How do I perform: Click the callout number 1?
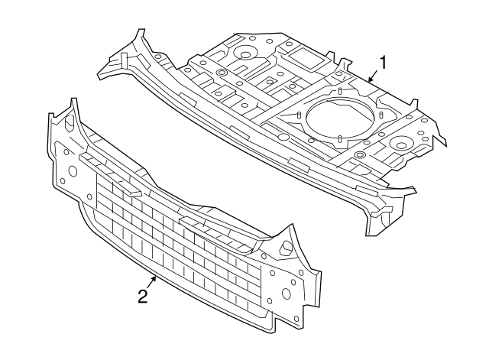point(383,63)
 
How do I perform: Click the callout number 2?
point(143,296)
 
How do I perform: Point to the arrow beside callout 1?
point(373,76)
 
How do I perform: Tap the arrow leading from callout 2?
point(151,283)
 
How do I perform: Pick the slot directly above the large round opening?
point(340,91)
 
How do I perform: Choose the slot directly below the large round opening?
point(340,138)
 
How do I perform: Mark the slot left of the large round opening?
point(299,115)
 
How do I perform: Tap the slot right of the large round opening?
point(381,115)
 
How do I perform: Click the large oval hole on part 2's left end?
point(73,171)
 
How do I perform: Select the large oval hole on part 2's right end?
point(286,294)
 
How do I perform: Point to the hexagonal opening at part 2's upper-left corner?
point(69,122)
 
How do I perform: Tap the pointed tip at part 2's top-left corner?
point(73,99)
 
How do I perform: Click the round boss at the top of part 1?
point(245,55)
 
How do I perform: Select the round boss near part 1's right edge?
point(402,145)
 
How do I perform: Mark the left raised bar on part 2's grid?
point(110,175)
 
